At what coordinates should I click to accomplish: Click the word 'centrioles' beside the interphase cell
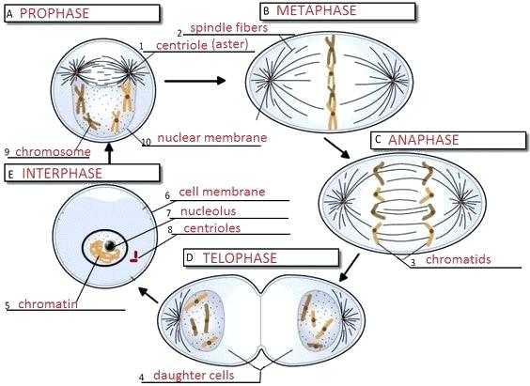tap(210, 227)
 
